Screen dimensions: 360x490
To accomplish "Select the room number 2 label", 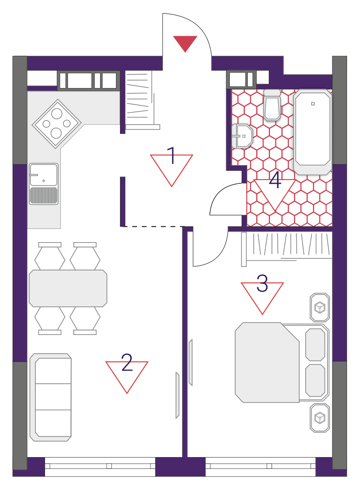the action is click(127, 362).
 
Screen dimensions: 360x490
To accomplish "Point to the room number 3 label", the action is click(262, 283).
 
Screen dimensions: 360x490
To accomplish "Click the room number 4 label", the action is click(275, 180).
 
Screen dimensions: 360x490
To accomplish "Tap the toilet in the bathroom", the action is click(272, 105).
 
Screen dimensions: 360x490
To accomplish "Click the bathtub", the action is click(313, 132).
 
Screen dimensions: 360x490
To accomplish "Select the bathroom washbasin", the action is click(242, 136).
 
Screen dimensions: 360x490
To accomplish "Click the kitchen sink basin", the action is click(44, 175).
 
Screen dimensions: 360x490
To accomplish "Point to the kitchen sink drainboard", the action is click(44, 196).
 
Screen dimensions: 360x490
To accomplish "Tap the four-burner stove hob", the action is click(57, 124).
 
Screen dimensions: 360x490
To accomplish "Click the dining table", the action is click(68, 288).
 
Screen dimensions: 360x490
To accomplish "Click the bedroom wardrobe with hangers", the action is click(287, 249).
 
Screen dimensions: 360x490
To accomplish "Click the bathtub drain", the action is click(313, 104).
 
